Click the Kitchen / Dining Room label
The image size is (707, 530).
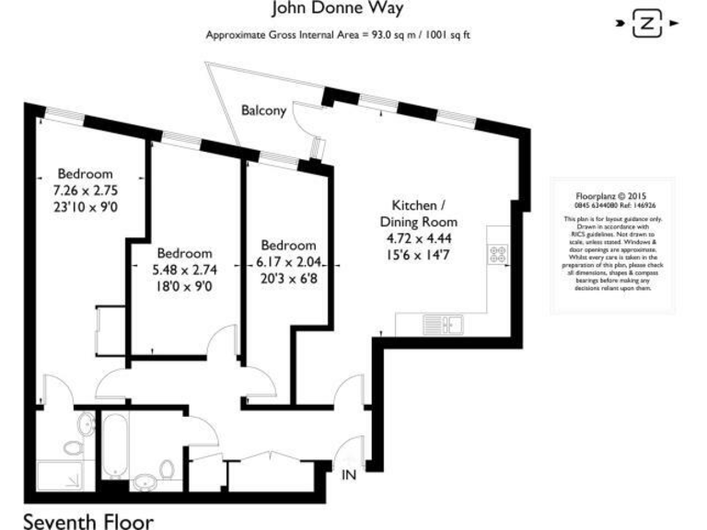pos(419,213)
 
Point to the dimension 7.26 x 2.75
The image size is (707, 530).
pos(86,190)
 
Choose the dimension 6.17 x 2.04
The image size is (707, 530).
pos(289,262)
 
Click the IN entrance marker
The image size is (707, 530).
pos(349,475)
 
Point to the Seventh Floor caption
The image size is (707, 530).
pos(88,520)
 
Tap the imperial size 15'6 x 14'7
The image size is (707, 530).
pos(419,257)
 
